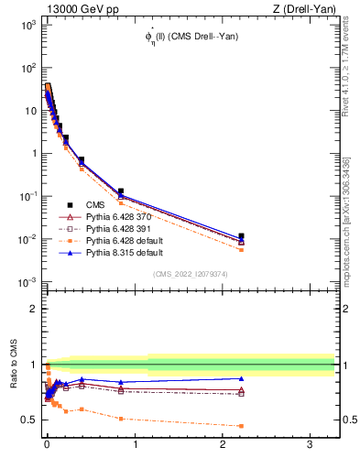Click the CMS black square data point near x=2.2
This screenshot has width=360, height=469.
tap(241, 236)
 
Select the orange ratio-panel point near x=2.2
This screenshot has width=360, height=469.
tap(241, 426)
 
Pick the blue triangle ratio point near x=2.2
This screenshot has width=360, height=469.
tap(241, 378)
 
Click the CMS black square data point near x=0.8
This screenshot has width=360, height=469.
tap(120, 191)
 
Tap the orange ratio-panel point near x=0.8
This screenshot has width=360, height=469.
tap(120, 419)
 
